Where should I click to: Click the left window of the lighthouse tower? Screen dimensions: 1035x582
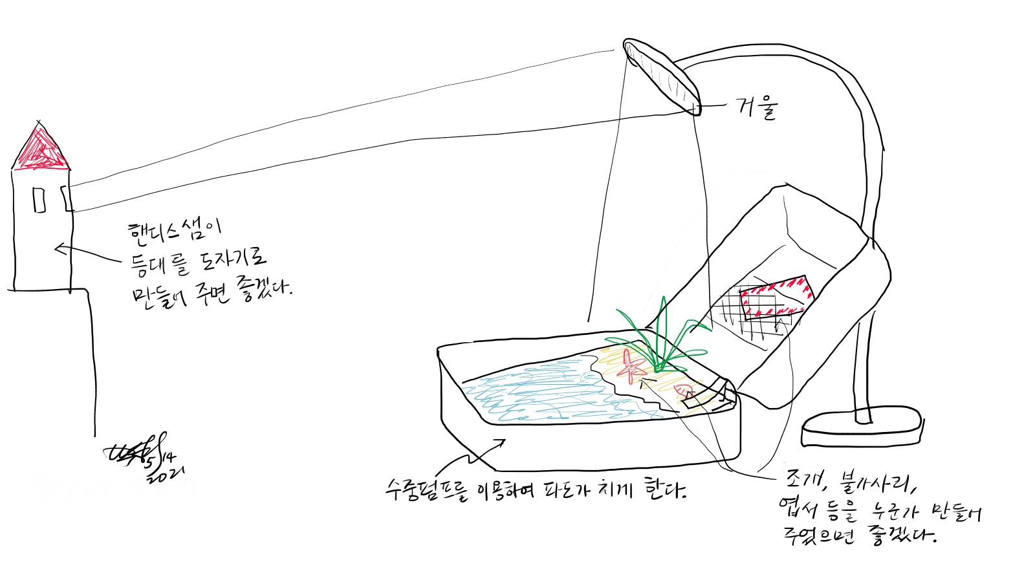click(x=39, y=200)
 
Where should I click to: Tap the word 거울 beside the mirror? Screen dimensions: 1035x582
click(x=757, y=108)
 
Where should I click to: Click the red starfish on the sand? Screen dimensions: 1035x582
click(x=631, y=366)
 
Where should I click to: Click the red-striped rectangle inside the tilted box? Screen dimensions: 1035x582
click(x=775, y=297)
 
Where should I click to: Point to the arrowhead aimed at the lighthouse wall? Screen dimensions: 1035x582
click(x=60, y=248)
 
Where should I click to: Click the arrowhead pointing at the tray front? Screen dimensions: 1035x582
click(x=501, y=442)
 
